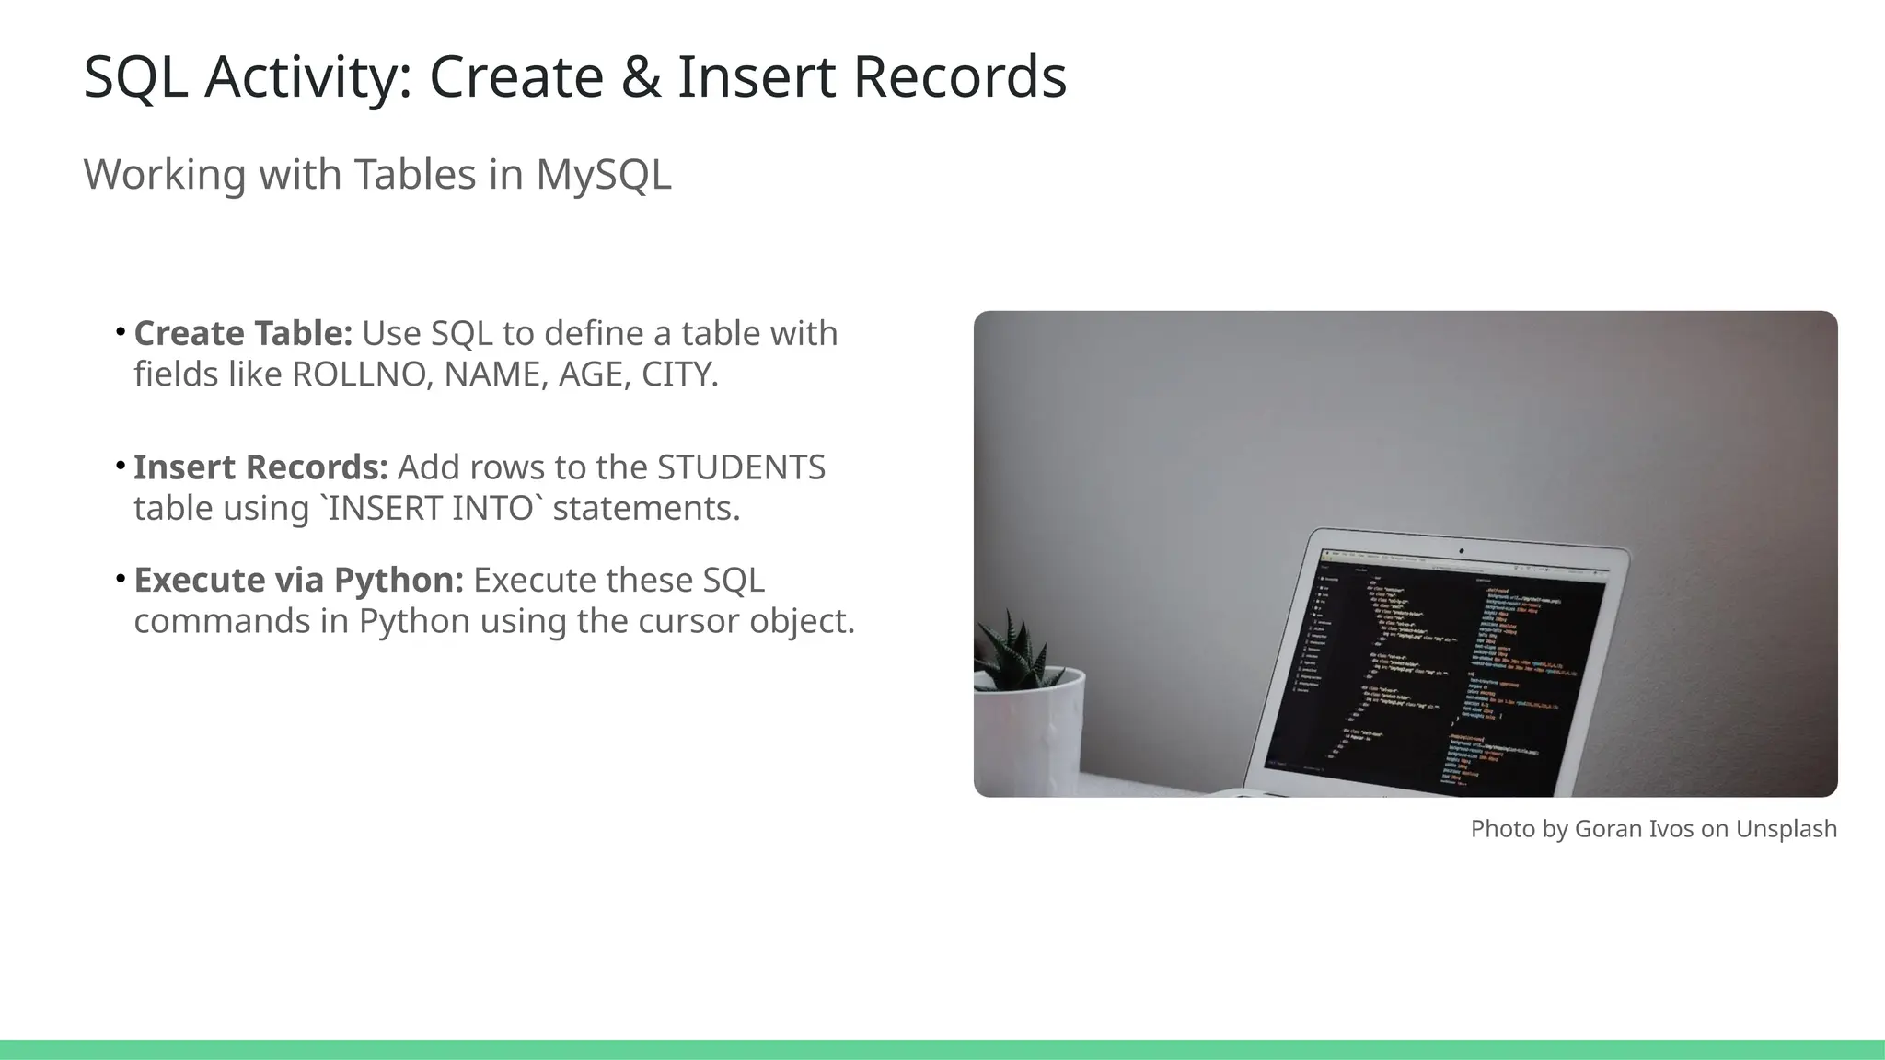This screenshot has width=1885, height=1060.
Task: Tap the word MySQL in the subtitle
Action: click(x=604, y=175)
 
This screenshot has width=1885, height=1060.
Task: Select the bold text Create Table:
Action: click(x=243, y=334)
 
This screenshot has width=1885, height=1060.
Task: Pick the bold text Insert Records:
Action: click(x=260, y=468)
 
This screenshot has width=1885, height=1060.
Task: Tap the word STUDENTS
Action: click(x=741, y=468)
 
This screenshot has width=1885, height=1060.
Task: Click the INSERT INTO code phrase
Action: click(x=431, y=509)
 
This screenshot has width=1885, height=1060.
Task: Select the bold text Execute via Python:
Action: click(x=298, y=581)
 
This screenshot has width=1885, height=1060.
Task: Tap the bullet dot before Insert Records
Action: click(x=121, y=467)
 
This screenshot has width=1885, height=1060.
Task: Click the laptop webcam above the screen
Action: click(x=1461, y=551)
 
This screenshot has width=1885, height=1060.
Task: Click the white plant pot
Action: click(x=1031, y=736)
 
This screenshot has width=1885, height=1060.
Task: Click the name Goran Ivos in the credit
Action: click(x=1634, y=829)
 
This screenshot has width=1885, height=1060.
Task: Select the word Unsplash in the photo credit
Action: click(x=1786, y=829)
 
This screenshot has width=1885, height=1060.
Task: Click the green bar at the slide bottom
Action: click(x=942, y=1049)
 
